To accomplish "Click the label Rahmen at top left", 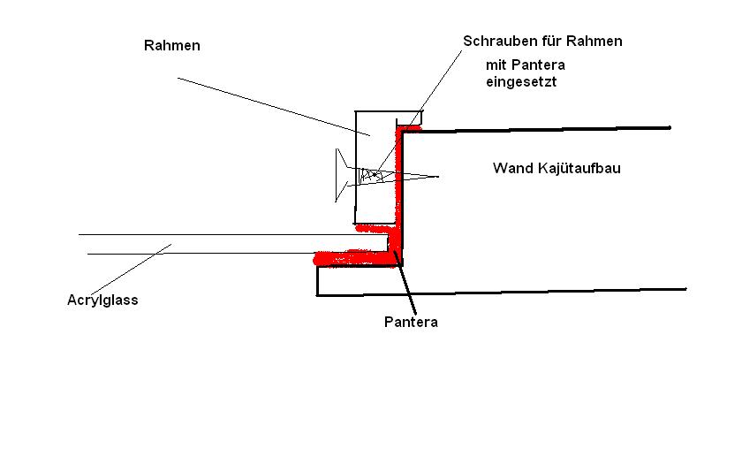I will coord(172,46).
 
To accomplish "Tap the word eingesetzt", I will coord(521,82).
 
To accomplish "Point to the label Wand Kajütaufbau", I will coord(556,168).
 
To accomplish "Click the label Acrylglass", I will coord(102,300).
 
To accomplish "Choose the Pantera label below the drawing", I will coord(411,322).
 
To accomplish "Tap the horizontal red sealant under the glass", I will coord(353,257).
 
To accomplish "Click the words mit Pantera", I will coord(526,65).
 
